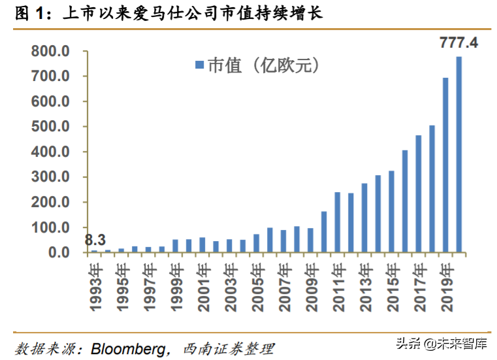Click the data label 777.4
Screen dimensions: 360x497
click(x=460, y=43)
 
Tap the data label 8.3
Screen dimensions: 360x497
click(x=95, y=240)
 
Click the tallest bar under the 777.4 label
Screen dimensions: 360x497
click(x=459, y=154)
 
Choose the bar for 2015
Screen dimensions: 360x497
click(x=391, y=211)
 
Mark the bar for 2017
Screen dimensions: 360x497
click(x=418, y=193)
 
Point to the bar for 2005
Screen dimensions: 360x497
click(x=256, y=243)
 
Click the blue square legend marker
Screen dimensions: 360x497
click(x=199, y=64)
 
